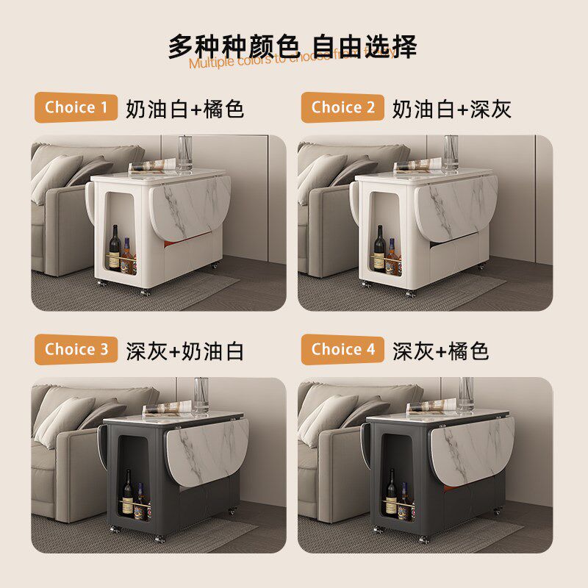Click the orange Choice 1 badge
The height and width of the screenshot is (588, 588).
pos(76,108)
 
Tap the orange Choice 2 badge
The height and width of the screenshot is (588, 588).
pos(343,108)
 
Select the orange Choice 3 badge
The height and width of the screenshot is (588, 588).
pos(76,350)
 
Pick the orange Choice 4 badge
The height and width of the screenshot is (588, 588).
pos(343,350)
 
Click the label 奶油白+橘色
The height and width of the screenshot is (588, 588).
pos(184,109)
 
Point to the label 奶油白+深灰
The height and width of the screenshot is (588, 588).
pos(451,109)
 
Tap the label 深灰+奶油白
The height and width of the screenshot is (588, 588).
pos(184,351)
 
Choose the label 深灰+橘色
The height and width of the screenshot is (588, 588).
pos(441,351)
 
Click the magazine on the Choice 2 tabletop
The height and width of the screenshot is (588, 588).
pos(419,165)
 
